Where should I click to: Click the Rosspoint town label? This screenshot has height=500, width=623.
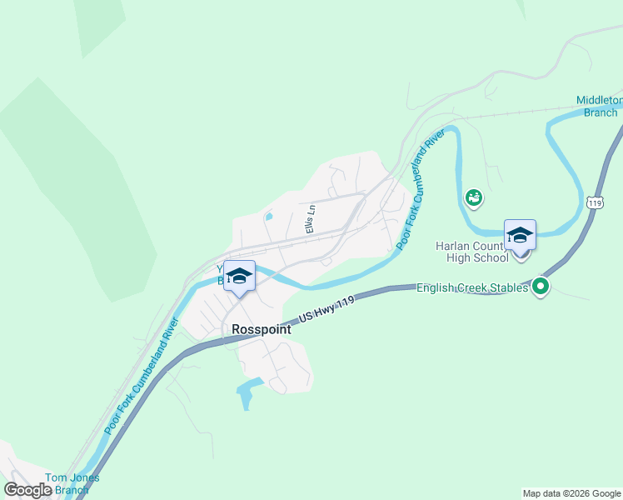262,329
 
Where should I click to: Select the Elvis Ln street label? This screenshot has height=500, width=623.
310,219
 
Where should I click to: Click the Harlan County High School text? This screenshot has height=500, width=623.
472,252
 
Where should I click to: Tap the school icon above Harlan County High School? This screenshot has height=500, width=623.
520,235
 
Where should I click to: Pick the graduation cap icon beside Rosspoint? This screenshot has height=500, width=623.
239,276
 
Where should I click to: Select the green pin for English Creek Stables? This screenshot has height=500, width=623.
541,287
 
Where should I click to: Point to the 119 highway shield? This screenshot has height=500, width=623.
594,202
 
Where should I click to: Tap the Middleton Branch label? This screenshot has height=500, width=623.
600,106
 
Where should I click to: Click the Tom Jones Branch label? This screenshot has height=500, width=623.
72,483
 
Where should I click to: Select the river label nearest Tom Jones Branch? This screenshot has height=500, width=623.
142,375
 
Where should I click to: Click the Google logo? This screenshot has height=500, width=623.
28,489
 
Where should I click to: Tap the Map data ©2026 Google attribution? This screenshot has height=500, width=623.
571,493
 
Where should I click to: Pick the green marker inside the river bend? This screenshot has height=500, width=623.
474,197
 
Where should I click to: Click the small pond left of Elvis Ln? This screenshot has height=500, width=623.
268,217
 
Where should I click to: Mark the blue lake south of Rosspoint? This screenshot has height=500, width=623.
248,392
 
